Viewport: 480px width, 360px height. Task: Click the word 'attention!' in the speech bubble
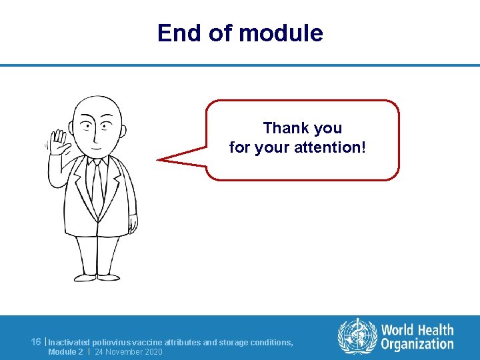pyautogui.click(x=331, y=147)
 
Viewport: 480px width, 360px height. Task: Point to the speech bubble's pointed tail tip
pyautogui.click(x=159, y=159)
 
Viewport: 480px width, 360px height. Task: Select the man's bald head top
pyautogui.click(x=97, y=103)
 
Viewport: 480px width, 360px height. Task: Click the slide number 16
pyautogui.click(x=36, y=342)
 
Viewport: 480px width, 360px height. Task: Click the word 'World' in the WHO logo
pyautogui.click(x=397, y=330)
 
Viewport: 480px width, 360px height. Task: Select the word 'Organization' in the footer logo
pyautogui.click(x=417, y=344)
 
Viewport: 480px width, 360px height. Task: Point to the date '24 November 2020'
pyautogui.click(x=129, y=351)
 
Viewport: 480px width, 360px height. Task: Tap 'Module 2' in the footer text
pyautogui.click(x=65, y=351)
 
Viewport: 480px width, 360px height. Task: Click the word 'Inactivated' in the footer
pyautogui.click(x=69, y=342)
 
